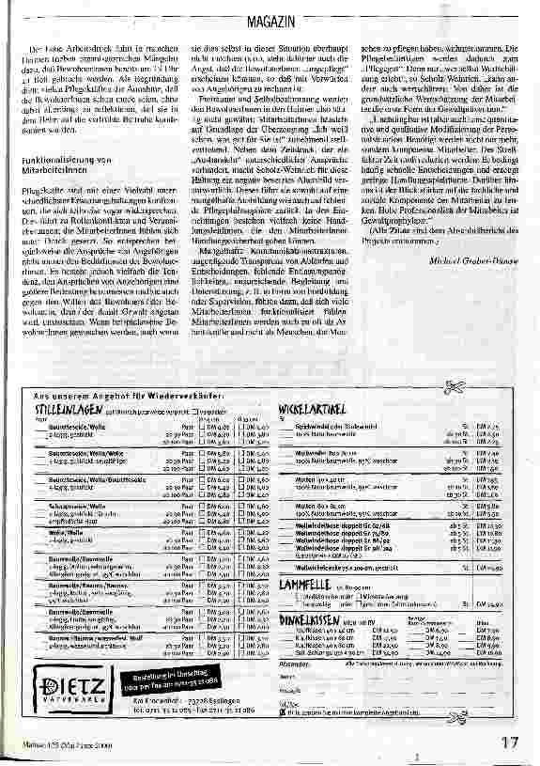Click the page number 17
(x=508, y=742)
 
